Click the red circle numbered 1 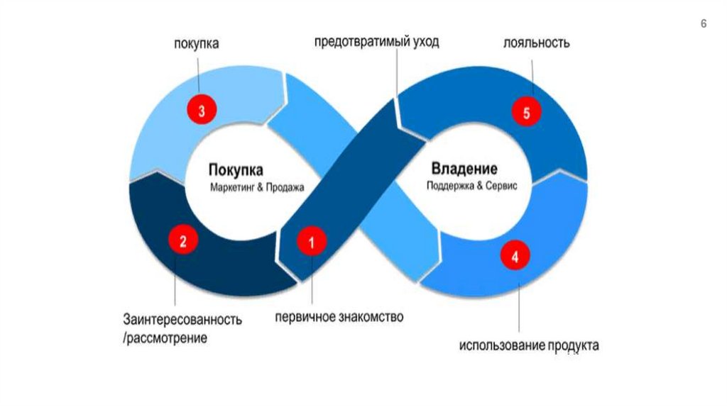point(311,242)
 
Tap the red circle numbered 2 point(182,240)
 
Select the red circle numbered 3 point(202,111)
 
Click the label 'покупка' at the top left point(197,44)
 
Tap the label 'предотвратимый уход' point(377,42)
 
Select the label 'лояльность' point(536,43)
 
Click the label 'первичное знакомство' point(339,317)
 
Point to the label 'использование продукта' point(528,346)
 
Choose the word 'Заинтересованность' point(182,319)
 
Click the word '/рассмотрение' point(165,338)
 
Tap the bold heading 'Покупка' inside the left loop point(236,170)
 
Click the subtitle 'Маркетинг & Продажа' point(256,188)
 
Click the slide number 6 point(704,24)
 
